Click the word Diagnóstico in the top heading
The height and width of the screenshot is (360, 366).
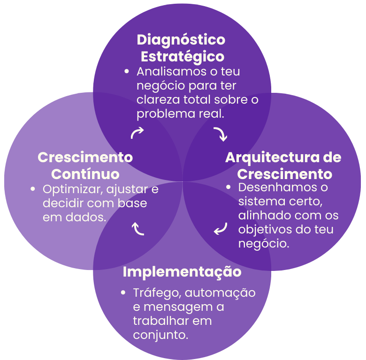point(181,39)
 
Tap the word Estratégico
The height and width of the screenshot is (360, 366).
point(183,57)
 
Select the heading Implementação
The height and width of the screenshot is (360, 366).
point(182,272)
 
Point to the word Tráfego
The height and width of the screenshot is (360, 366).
point(157,293)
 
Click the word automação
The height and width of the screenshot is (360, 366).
point(220,293)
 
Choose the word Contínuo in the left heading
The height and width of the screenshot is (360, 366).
point(85,174)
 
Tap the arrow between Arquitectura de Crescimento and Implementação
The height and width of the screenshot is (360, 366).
point(221,229)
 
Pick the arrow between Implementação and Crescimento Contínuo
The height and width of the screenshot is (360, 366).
point(138,229)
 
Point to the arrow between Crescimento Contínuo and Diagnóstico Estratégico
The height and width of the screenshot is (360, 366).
point(137,133)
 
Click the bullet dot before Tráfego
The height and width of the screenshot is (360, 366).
point(123,292)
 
